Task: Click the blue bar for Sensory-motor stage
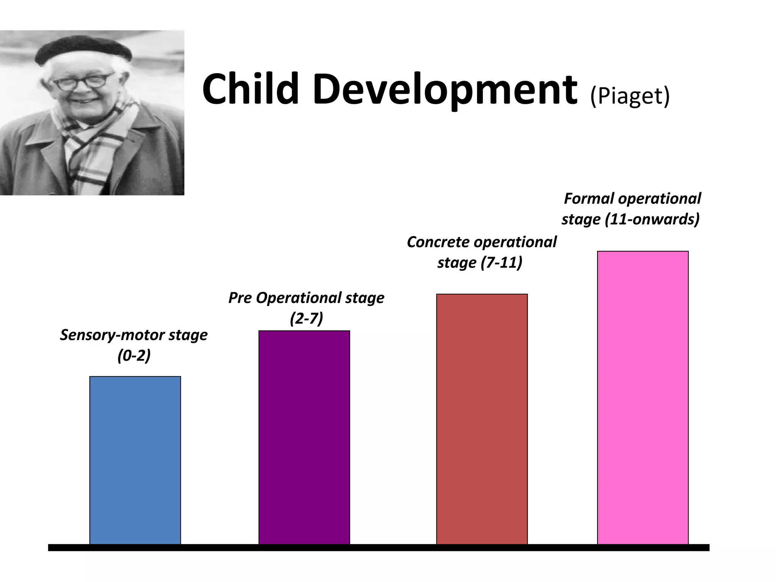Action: (x=135, y=460)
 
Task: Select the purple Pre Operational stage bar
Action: (x=304, y=437)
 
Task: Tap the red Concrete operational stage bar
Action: (x=482, y=419)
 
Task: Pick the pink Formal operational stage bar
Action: (x=643, y=397)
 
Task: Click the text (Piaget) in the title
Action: (x=630, y=96)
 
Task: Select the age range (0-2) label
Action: (x=134, y=356)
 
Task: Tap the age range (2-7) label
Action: (x=306, y=319)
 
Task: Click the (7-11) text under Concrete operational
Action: (x=501, y=263)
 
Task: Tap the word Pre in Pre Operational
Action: (x=240, y=298)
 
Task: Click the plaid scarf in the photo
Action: (x=95, y=144)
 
